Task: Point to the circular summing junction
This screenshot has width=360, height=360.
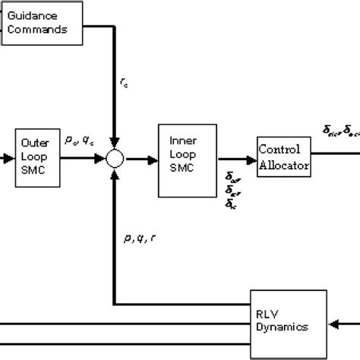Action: coord(115,158)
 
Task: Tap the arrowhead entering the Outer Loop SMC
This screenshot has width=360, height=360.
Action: coord(8,158)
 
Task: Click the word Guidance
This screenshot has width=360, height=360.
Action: coord(37,16)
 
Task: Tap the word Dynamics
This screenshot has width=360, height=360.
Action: coord(282,328)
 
